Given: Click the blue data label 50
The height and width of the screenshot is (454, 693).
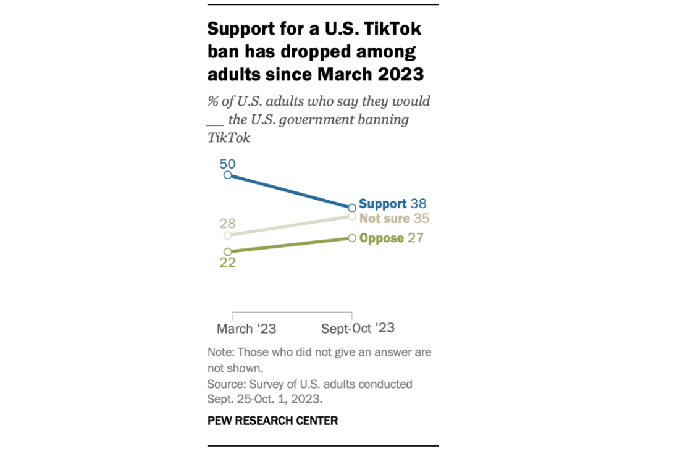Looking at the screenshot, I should [x=227, y=164].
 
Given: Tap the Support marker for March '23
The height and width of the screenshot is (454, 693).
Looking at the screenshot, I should [x=227, y=175].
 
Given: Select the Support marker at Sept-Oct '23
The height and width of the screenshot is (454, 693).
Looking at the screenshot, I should [x=352, y=208].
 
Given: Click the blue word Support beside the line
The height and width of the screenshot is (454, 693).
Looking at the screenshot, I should [x=382, y=204].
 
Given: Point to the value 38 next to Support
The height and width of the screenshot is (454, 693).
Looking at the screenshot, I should [x=418, y=204].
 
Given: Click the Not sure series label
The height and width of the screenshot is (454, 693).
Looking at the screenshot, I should [x=384, y=219].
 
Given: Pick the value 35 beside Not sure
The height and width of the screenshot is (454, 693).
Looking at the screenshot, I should [x=421, y=219].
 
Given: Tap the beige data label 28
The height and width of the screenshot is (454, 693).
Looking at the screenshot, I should [x=227, y=224].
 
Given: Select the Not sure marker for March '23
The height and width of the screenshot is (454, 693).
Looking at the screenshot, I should [x=227, y=235].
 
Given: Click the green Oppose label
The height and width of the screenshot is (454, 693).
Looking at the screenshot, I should [x=381, y=238].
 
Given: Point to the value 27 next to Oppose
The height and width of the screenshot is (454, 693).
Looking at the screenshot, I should [x=416, y=238].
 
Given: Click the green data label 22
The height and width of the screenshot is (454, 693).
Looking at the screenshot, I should [x=227, y=263].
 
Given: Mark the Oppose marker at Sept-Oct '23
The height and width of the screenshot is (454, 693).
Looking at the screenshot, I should [x=352, y=238].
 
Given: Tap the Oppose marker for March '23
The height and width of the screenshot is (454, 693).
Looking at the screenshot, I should [x=227, y=251].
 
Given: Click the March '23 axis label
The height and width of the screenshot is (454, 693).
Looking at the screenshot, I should [x=246, y=329].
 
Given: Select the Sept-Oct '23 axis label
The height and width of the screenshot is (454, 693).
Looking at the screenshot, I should [x=358, y=329].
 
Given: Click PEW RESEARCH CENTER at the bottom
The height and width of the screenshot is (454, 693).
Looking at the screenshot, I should [x=272, y=421].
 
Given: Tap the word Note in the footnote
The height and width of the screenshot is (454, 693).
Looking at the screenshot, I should [x=220, y=353].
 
